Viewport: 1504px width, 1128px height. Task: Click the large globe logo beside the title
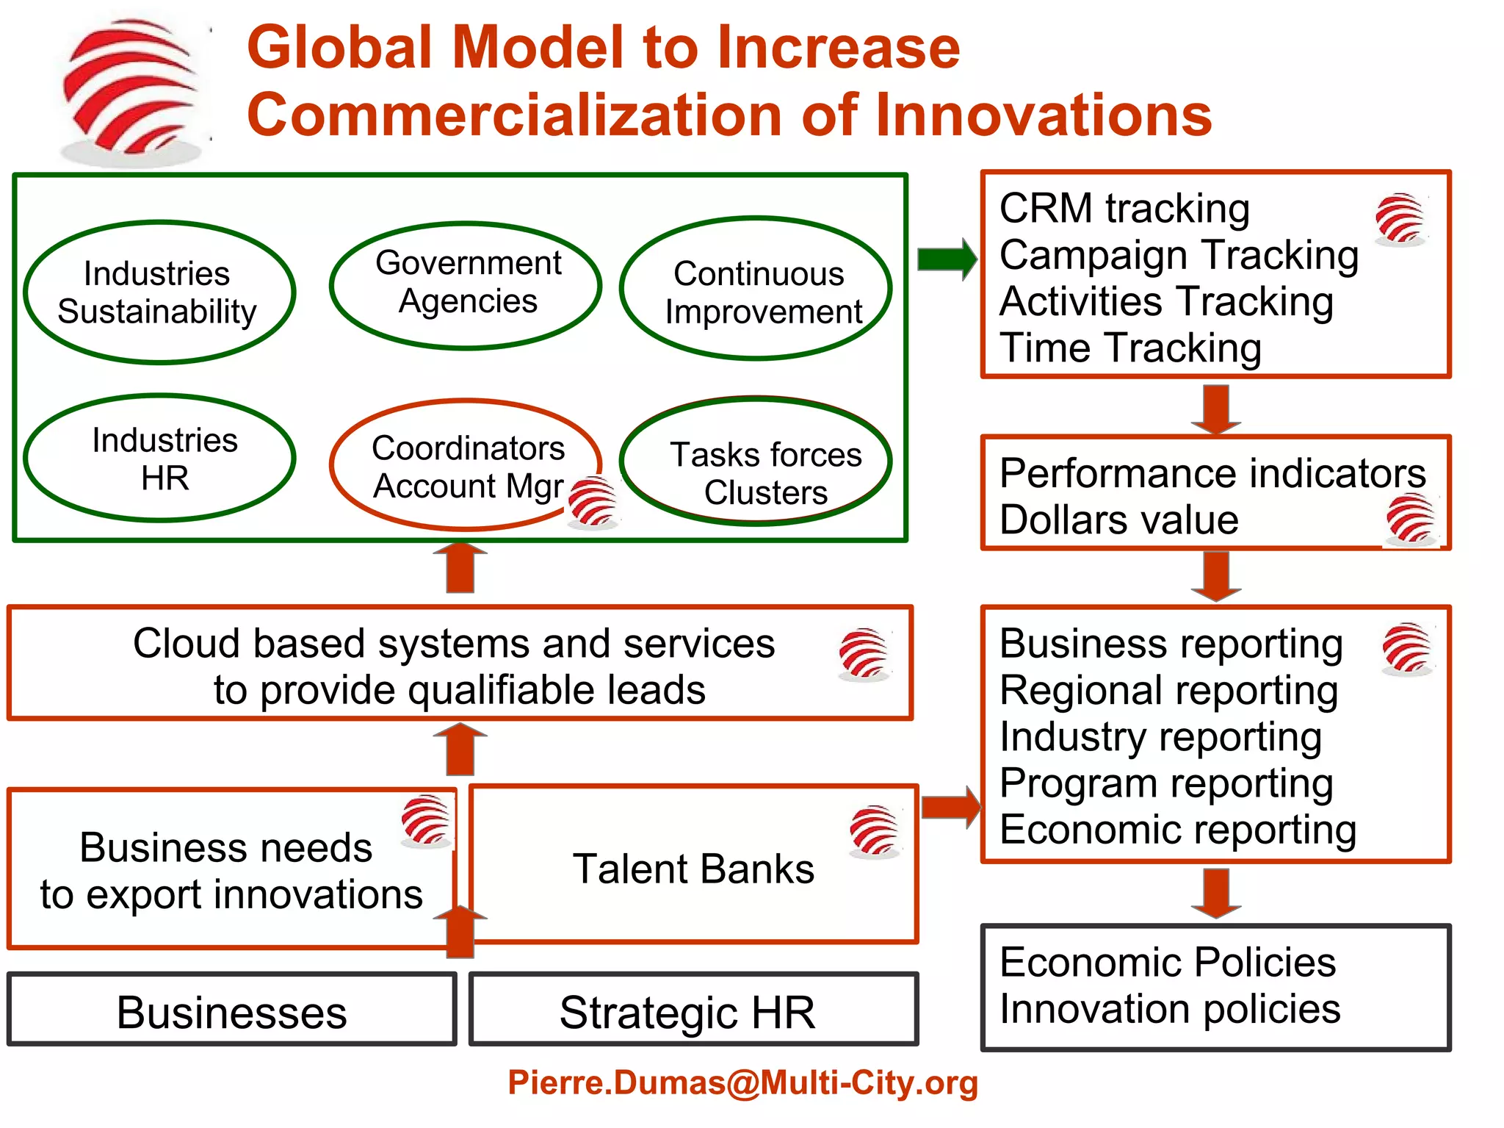pos(132,88)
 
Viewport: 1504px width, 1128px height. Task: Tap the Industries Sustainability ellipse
pos(159,292)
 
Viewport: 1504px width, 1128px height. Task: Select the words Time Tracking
pos(1131,348)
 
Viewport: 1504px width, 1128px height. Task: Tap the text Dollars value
pos(1119,520)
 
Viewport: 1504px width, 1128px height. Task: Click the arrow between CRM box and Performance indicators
pos(1216,409)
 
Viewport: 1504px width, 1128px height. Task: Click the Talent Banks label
pos(693,869)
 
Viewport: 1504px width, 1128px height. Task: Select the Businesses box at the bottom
pos(232,1011)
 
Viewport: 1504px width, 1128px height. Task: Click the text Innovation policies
pos(1171,1009)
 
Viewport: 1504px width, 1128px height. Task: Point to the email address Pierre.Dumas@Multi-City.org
pos(743,1082)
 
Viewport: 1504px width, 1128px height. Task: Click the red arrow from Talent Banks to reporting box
pos(950,807)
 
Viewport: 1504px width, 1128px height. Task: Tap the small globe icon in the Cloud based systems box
pos(864,653)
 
